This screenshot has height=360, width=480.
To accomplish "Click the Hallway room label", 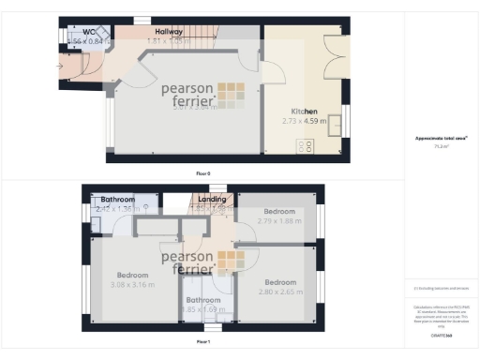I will (x=169, y=32).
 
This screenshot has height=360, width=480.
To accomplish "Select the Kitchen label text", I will (x=304, y=111).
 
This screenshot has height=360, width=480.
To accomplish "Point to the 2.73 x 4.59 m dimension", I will (x=304, y=121).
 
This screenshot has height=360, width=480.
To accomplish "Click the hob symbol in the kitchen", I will (x=305, y=145).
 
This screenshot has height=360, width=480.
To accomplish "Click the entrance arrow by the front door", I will (x=62, y=67).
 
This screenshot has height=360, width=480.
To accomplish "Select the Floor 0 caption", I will (x=202, y=173).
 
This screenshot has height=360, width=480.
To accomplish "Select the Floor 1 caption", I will (x=202, y=342).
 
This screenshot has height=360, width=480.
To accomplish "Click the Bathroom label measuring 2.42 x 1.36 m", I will (x=118, y=200).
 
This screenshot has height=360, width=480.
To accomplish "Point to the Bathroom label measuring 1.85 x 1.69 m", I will (x=202, y=300).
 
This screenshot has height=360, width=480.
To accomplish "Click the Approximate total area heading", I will (x=441, y=139).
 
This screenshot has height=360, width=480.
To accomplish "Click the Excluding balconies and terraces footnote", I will (x=441, y=288).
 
